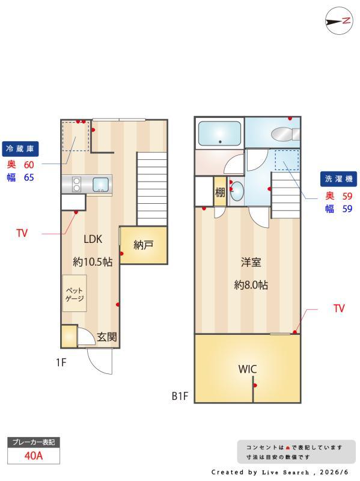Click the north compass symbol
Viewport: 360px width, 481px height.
click(x=339, y=21)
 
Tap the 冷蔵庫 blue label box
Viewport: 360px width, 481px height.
click(x=20, y=149)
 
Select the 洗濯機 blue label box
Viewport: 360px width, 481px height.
click(x=338, y=179)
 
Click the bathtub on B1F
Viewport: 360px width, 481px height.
click(x=219, y=133)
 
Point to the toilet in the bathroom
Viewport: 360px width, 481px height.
click(x=285, y=134)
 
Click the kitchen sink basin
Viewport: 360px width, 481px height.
click(x=100, y=185)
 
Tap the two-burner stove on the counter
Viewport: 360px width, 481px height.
click(x=76, y=185)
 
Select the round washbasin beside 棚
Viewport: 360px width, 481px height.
click(x=237, y=191)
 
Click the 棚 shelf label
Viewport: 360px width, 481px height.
click(x=220, y=192)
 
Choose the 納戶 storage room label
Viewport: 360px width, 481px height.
click(x=144, y=245)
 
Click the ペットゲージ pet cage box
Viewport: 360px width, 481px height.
click(x=74, y=293)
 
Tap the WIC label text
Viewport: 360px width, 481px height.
click(x=248, y=369)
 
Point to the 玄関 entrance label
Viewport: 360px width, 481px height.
click(x=107, y=337)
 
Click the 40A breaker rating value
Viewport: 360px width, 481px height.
click(x=34, y=456)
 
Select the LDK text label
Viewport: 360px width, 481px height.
click(x=93, y=239)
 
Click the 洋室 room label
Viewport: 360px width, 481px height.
click(x=251, y=262)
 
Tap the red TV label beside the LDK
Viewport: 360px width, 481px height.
click(x=22, y=233)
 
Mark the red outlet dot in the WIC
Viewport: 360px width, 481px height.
click(x=255, y=385)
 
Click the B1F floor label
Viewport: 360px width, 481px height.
click(x=180, y=396)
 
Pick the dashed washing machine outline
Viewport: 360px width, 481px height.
click(x=287, y=160)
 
